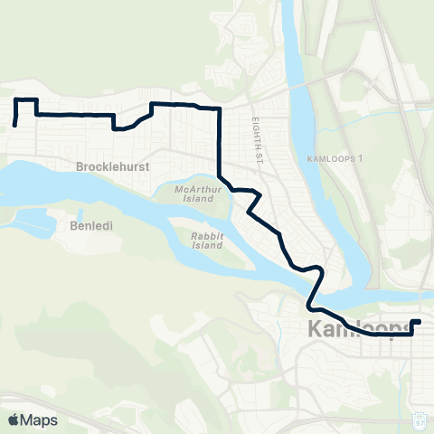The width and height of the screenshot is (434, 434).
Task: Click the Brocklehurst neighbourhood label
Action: [x=112, y=167]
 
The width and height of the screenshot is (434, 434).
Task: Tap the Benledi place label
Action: [x=90, y=226]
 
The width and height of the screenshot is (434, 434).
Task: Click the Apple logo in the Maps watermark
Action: [x=14, y=420]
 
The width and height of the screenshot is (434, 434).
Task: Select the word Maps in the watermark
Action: [x=40, y=420]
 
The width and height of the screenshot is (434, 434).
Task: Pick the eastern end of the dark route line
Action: [x=419, y=321]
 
